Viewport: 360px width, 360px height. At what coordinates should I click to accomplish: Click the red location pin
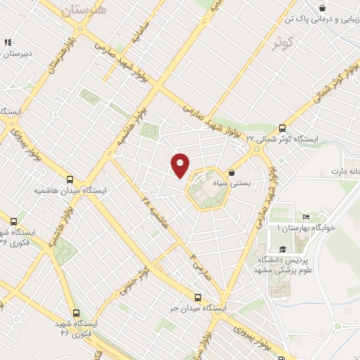tap(181, 165)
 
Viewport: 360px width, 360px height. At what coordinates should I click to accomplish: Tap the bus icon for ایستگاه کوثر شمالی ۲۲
tap(282, 128)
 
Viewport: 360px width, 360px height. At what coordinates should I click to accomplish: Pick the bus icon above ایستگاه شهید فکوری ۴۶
tap(75, 313)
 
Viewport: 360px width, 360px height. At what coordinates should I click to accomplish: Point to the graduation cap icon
tap(282, 248)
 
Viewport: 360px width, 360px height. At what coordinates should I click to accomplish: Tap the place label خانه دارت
tap(345, 172)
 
